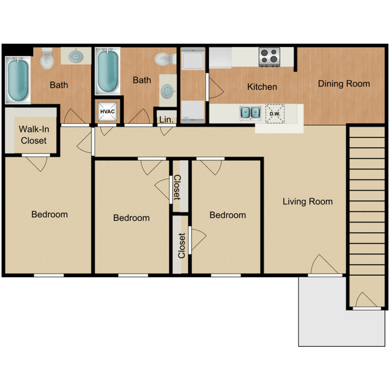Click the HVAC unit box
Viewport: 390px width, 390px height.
click(107, 112)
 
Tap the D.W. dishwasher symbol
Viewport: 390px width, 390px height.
click(275, 113)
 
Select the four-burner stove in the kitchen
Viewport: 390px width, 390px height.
click(269, 57)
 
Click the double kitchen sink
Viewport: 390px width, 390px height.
click(250, 113)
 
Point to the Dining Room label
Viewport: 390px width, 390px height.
click(344, 84)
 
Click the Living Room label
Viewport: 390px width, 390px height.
click(307, 202)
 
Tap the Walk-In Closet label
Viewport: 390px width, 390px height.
click(34, 135)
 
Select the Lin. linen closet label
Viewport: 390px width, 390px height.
click(166, 119)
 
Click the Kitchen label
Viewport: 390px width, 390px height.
click(262, 87)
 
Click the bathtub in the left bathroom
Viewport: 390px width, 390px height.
click(18, 80)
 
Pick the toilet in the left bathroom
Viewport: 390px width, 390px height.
click(47, 59)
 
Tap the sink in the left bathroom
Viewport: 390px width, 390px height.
click(76, 56)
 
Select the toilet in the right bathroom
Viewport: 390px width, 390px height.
click(166, 59)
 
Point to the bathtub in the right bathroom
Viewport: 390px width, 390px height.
click(107, 71)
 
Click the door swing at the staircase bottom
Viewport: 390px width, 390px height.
click(366, 300)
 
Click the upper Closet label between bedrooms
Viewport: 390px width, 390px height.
click(177, 187)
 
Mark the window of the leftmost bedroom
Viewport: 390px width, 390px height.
click(49, 275)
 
